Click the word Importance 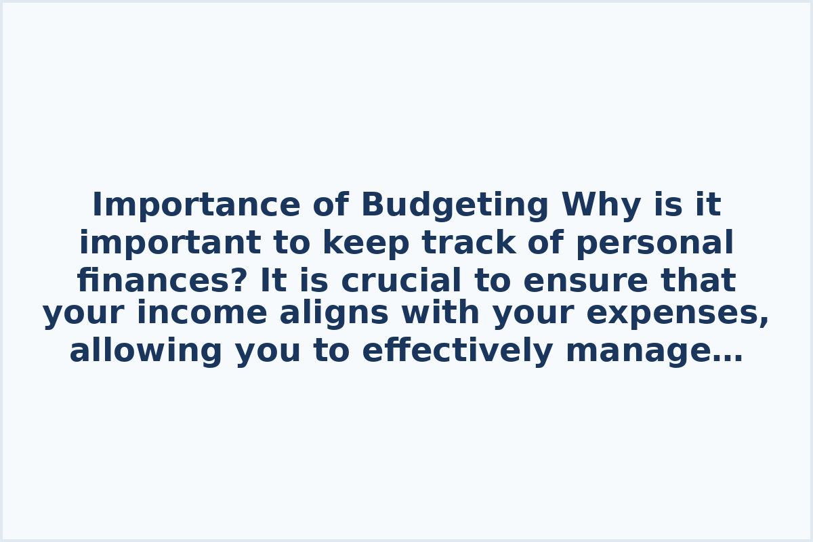click(196, 205)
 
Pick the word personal click(654, 243)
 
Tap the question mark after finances click(241, 281)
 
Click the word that click(698, 281)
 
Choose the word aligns click(334, 314)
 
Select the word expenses click(675, 314)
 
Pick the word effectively click(458, 352)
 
